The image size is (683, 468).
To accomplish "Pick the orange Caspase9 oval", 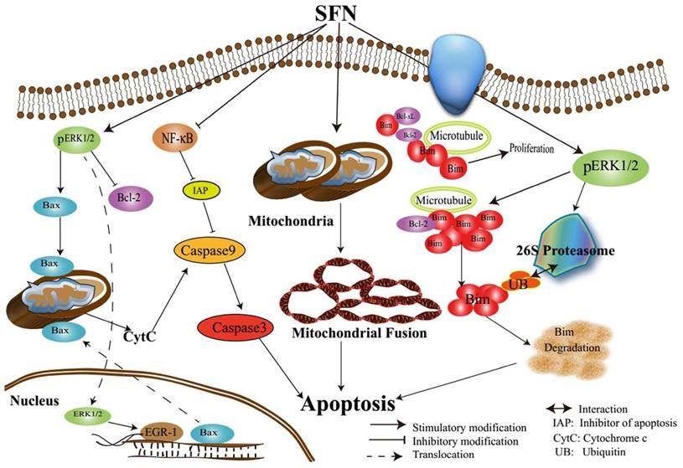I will [x=208, y=249].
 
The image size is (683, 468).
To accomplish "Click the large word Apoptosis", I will [x=349, y=404].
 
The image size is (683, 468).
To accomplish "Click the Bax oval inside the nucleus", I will [x=207, y=433].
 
